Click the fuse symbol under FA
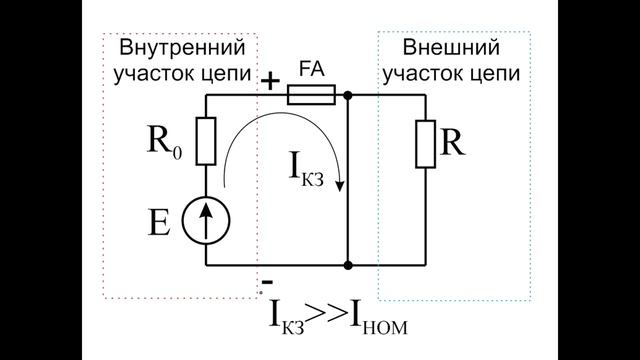click(310, 96)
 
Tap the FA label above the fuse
click(310, 73)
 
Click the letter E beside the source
click(159, 222)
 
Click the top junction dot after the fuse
click(347, 96)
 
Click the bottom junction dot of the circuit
click(347, 266)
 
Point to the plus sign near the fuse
click(271, 81)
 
